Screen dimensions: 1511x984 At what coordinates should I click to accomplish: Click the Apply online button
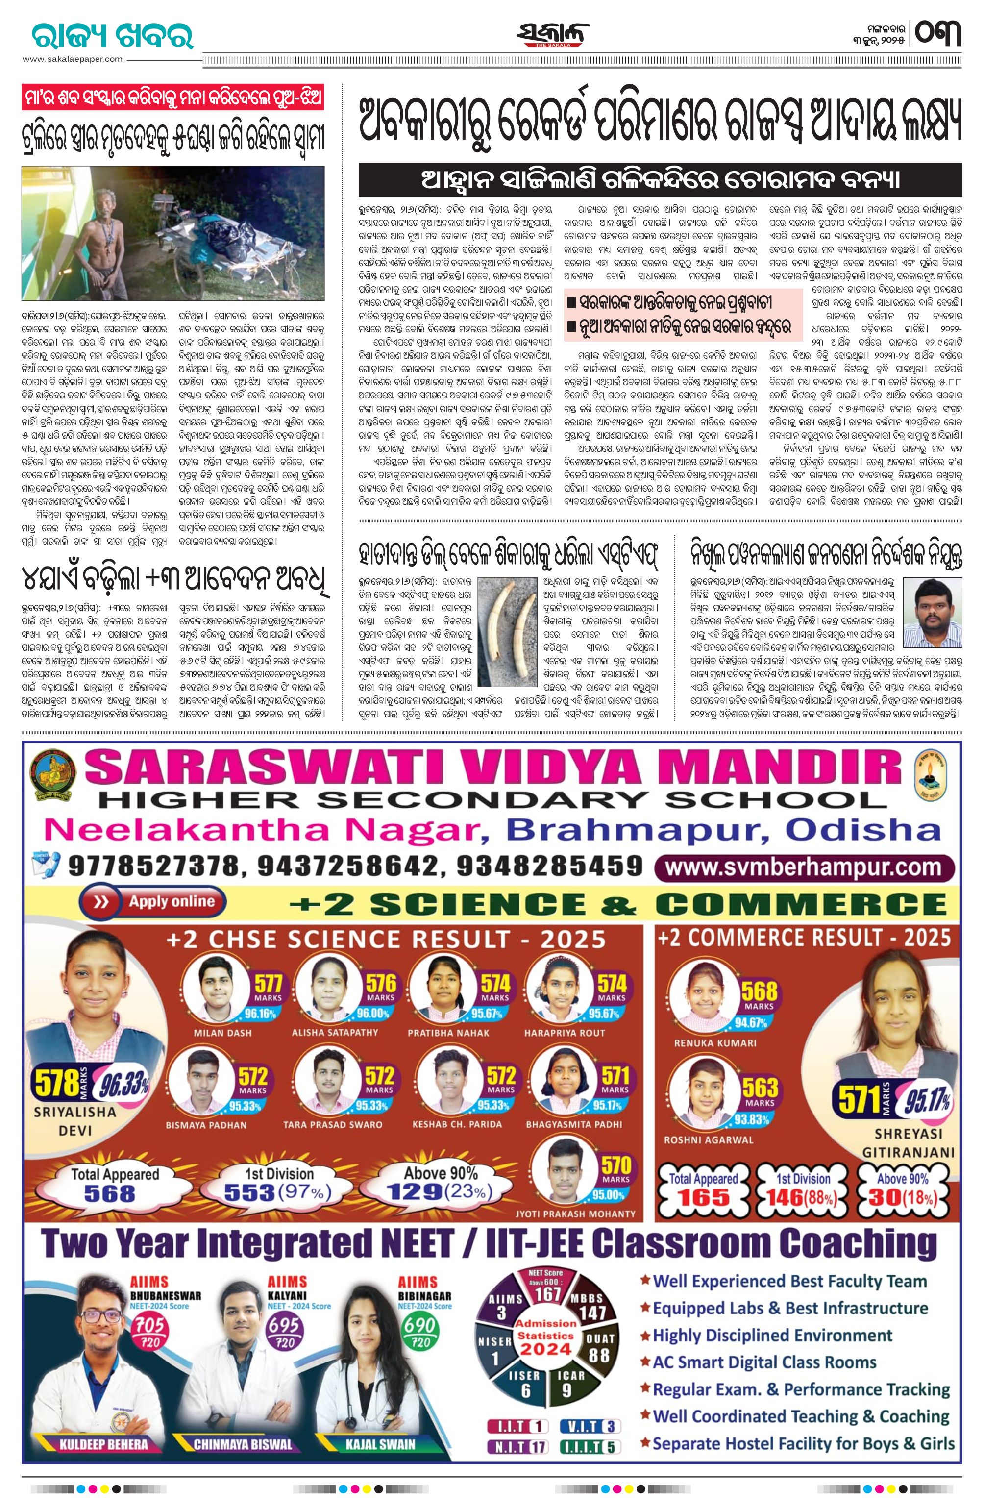tap(148, 901)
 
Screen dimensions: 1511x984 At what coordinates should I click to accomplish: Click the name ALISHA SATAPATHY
tap(335, 1033)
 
